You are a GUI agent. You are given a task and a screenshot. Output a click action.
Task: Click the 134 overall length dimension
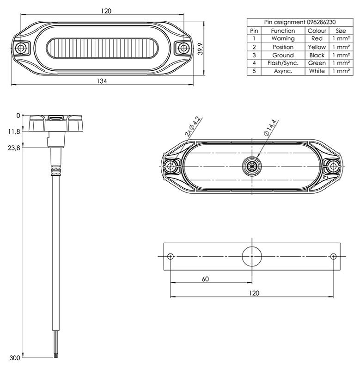pos(102,81)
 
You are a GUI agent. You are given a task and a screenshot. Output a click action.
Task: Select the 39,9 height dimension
pos(200,49)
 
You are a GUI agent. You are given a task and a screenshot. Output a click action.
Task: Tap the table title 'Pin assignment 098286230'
pos(300,22)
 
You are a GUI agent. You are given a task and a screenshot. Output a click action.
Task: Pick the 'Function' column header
pos(283,31)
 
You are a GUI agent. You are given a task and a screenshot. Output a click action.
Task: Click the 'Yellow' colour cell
pos(317,47)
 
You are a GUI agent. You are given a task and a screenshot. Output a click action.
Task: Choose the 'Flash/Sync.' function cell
pos(283,63)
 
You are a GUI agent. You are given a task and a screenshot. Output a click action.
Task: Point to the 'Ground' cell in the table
pos(283,55)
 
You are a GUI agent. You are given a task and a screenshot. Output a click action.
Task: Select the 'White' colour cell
pos(317,71)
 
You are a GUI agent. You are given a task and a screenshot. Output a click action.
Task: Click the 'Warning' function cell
pos(283,38)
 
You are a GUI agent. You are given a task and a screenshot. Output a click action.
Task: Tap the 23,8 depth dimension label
pos(14,148)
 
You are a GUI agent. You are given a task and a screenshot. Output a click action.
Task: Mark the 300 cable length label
pos(15,358)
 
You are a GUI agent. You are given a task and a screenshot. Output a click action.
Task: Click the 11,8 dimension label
pos(14,131)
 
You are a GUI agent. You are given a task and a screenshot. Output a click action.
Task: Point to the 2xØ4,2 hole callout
pos(193,126)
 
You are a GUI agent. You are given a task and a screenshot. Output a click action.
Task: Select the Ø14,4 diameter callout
pos(270,128)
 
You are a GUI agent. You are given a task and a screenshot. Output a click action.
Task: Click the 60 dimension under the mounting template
pos(205,279)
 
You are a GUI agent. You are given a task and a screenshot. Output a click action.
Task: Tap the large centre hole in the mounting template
pos(252,256)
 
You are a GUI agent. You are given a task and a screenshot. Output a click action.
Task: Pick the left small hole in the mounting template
pos(171,256)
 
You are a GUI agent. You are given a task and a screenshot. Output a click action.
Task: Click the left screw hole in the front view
pos(20,49)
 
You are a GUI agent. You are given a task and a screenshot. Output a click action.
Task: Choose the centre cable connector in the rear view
pos(252,166)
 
